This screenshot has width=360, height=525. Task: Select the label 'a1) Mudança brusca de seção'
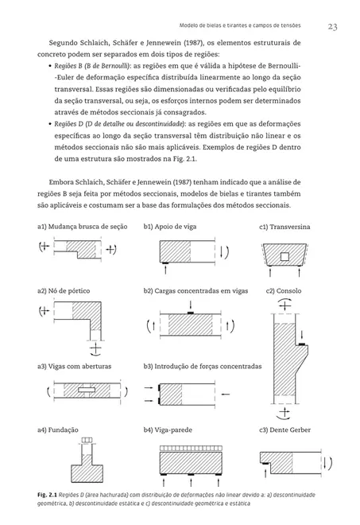tap(82, 227)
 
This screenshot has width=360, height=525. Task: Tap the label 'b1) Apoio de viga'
tap(169, 227)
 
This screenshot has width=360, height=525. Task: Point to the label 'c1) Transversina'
tap(284, 227)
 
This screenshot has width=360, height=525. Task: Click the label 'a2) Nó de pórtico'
tap(64, 291)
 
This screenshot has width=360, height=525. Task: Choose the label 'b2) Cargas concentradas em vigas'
tap(195, 291)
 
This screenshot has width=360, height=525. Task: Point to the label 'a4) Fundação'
tap(58, 430)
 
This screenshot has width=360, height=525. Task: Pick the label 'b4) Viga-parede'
tap(170, 430)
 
